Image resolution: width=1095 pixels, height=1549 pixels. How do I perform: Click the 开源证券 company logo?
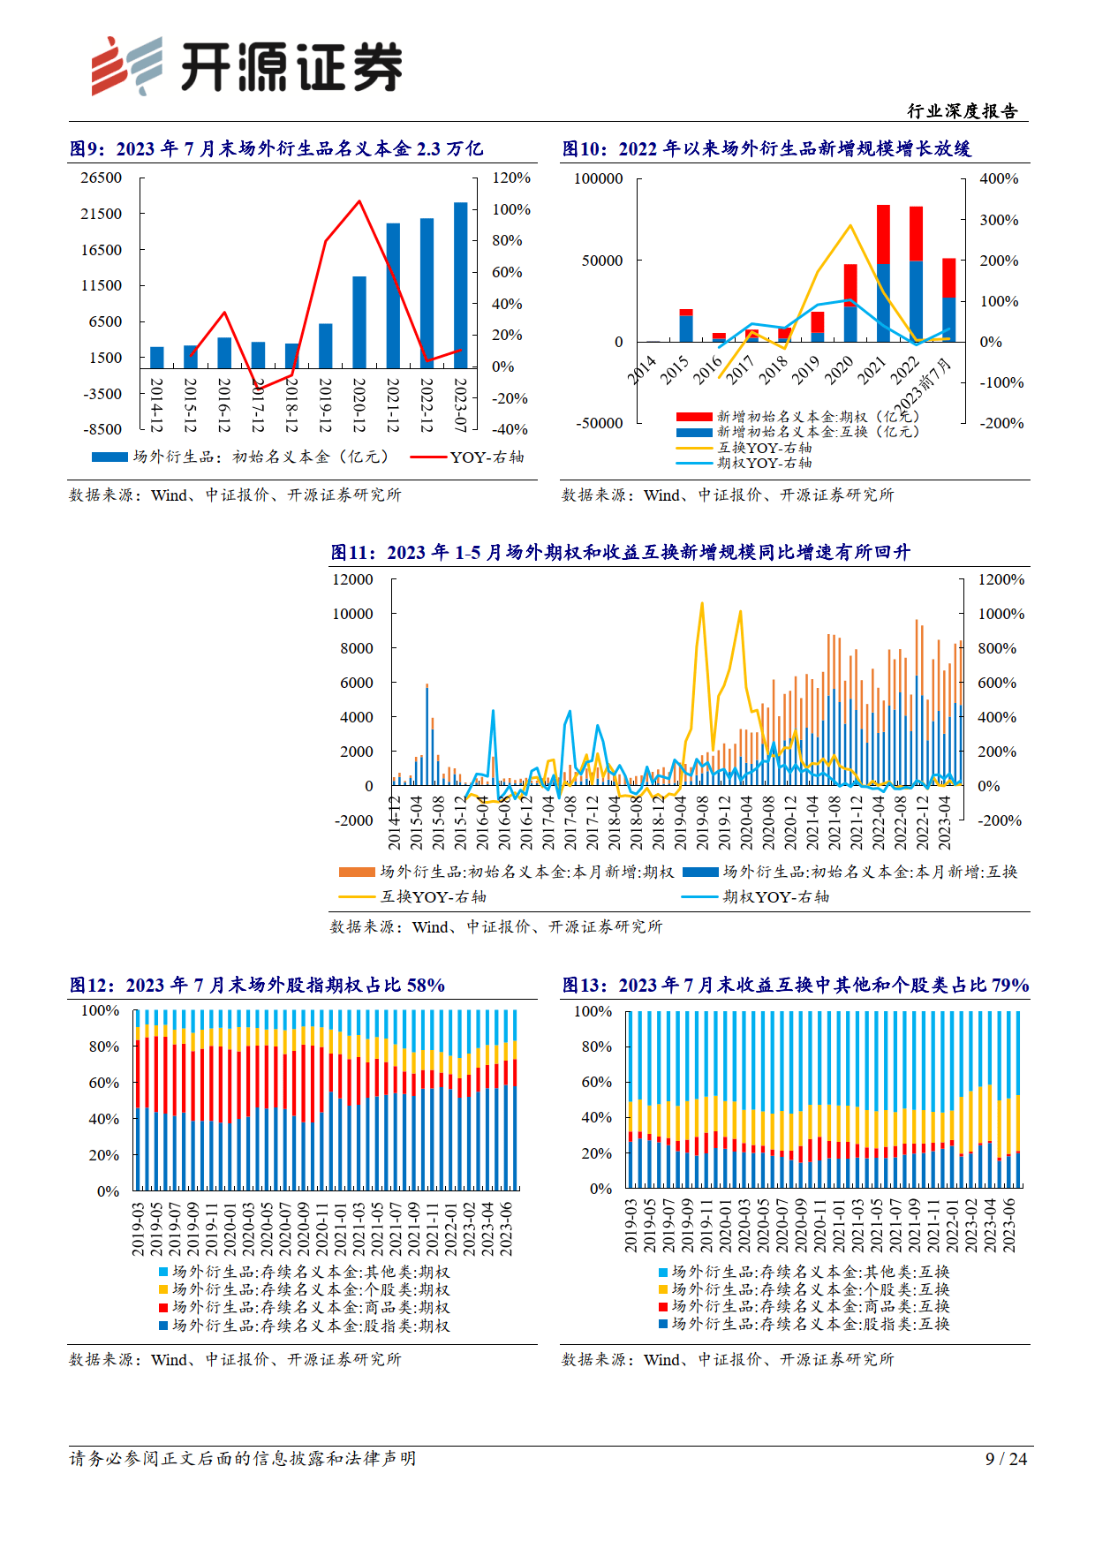(x=247, y=66)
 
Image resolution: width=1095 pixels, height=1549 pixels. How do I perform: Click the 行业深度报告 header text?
(x=963, y=111)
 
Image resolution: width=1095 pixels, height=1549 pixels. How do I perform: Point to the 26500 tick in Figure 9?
(x=102, y=178)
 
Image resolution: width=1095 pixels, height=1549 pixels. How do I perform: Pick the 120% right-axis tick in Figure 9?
(x=511, y=178)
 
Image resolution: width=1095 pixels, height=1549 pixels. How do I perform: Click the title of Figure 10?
(x=766, y=148)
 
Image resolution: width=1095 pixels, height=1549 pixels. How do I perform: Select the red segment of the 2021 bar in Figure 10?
(x=883, y=234)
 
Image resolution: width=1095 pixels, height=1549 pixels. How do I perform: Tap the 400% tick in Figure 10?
(x=999, y=178)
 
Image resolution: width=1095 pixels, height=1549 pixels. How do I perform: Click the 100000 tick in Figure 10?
(x=599, y=178)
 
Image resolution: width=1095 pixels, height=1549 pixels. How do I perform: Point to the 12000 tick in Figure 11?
(x=352, y=579)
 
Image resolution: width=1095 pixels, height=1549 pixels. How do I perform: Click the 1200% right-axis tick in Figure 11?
(x=1001, y=579)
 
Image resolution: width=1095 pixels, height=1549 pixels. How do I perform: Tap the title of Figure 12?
(x=257, y=985)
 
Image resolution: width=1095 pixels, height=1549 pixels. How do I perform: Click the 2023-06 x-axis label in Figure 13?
(x=1009, y=1226)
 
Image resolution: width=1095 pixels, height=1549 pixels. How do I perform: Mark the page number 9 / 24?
(x=1006, y=1459)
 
